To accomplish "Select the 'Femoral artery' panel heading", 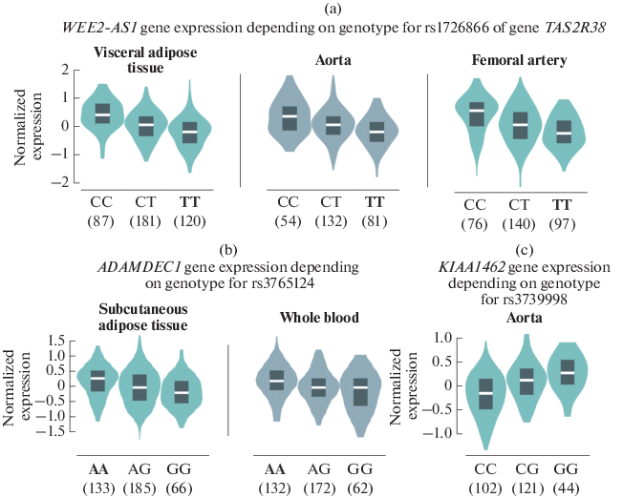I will (520, 60).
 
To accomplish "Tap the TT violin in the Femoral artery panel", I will (564, 133).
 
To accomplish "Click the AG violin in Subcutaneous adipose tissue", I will (140, 387).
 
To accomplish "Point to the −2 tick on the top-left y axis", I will (39, 182).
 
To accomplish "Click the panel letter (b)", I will (227, 250).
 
